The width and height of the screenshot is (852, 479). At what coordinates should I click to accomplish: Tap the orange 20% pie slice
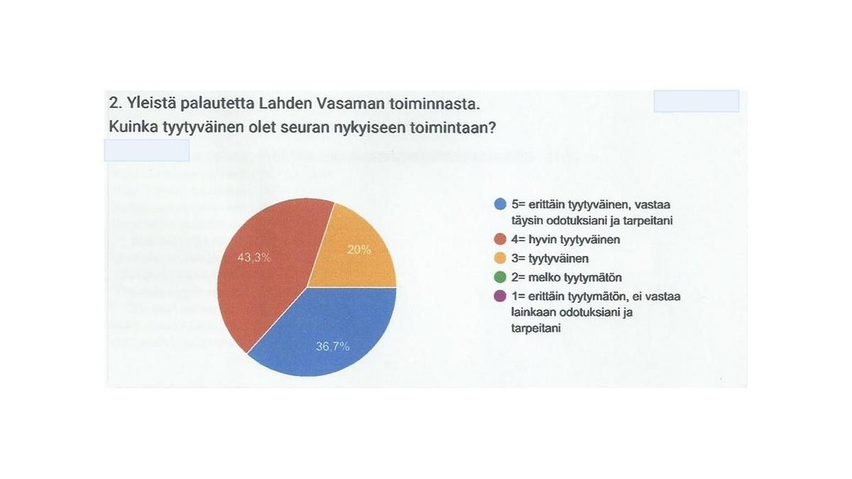point(358,255)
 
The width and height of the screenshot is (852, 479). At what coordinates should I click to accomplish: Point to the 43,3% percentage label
point(254,258)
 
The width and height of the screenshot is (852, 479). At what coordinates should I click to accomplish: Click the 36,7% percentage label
point(332,346)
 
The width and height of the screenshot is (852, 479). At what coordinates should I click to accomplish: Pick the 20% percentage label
point(359,250)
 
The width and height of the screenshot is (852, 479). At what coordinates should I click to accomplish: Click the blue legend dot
point(500,204)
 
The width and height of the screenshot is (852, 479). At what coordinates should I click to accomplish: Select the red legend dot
point(500,239)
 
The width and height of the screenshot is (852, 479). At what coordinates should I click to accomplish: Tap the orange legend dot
point(500,258)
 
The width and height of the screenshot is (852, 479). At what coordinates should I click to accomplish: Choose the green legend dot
point(500,277)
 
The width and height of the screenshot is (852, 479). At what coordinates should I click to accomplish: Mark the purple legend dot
point(500,296)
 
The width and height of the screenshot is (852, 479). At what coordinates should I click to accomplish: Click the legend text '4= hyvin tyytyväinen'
point(566,240)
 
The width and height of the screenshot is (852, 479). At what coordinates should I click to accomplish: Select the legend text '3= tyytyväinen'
point(550,259)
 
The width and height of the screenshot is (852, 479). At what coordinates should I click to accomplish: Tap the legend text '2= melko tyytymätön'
point(567,278)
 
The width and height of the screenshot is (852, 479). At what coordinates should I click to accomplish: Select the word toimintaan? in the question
point(453,128)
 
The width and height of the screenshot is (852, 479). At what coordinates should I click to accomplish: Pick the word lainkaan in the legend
point(533,312)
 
